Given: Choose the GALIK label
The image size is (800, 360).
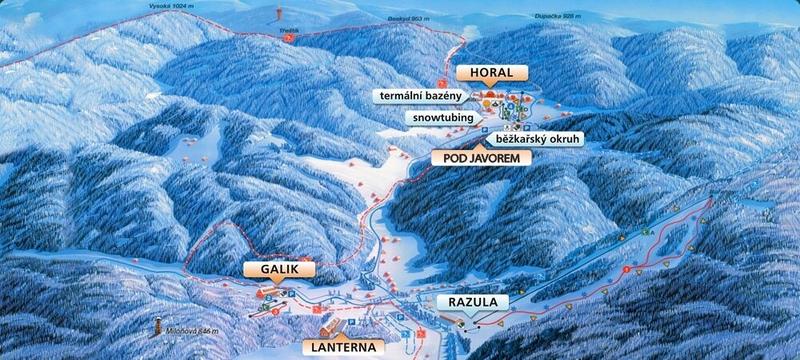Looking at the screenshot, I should [x=279, y=269].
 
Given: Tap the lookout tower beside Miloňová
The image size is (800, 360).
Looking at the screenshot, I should [x=157, y=326].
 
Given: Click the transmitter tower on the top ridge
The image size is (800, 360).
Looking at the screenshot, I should [x=277, y=14].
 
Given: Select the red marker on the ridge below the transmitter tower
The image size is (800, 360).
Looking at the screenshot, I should [x=288, y=38].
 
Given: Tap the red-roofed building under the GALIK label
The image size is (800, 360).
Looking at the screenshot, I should [x=267, y=293].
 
